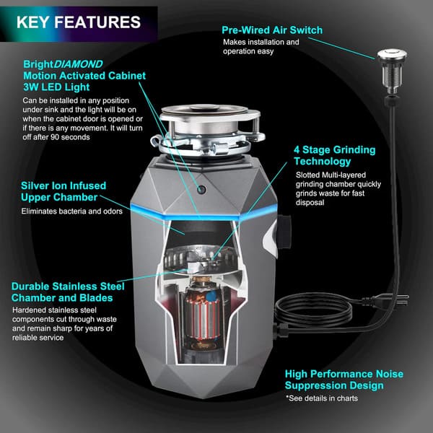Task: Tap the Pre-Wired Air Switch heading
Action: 272,30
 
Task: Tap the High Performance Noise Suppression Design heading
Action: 343,380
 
